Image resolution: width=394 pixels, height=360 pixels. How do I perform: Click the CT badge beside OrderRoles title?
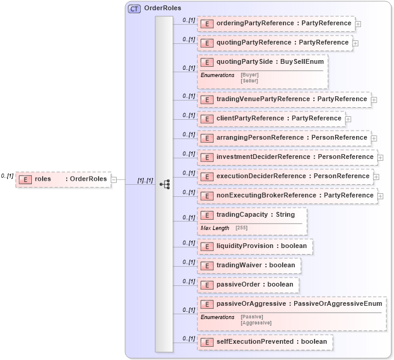[x=134, y=8]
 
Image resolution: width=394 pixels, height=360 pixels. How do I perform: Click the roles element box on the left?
[x=63, y=179]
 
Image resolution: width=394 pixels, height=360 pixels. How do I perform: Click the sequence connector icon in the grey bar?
[x=164, y=184]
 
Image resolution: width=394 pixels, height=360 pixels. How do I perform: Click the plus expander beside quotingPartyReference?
[x=356, y=43]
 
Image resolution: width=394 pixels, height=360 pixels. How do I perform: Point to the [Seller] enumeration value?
[x=250, y=80]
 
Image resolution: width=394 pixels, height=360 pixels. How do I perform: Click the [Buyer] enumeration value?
[x=250, y=75]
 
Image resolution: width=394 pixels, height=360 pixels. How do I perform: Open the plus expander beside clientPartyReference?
[x=348, y=119]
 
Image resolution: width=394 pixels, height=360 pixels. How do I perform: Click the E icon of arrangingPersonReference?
[x=207, y=138]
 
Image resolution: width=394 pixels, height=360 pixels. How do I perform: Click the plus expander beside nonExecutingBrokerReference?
[x=381, y=196]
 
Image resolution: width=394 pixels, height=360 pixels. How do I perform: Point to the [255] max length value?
[x=241, y=228]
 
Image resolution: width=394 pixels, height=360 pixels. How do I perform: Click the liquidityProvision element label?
[x=261, y=246]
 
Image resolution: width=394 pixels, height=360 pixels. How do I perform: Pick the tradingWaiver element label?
[x=256, y=265]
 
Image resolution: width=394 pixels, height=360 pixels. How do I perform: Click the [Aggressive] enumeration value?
[x=256, y=323]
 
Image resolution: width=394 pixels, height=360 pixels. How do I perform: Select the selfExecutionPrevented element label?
[x=271, y=341]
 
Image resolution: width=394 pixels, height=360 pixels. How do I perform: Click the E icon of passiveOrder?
[x=207, y=285]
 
